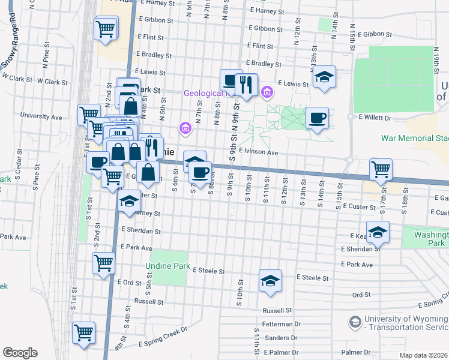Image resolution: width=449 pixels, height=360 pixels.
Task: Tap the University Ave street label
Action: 41,116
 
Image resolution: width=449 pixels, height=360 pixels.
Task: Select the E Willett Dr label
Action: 374,118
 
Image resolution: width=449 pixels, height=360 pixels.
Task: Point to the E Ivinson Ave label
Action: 258,153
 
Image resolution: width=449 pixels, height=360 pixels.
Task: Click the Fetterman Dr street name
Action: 281,324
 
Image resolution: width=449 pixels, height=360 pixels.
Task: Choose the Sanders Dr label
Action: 277,338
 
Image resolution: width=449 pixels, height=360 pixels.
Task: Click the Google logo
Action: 20,353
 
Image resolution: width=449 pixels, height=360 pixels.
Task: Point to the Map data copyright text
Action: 423,355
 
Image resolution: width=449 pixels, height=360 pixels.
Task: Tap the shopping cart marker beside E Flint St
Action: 105,28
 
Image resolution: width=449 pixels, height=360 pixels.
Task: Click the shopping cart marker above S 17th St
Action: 381,169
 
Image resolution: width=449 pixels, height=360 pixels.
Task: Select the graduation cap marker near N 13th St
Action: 324,77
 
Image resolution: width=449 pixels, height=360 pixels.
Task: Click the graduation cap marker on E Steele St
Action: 270,280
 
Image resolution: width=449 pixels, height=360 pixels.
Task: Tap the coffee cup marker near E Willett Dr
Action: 317,118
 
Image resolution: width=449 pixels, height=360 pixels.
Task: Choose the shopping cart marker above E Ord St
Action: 103,263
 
